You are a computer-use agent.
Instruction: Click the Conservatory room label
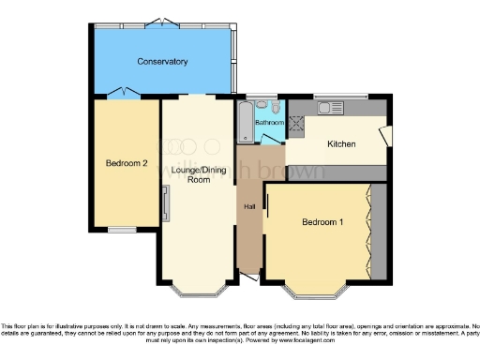[x=162, y=62]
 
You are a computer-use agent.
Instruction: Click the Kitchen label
[x=339, y=144]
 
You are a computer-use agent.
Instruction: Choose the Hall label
[x=249, y=206]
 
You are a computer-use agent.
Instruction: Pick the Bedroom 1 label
[x=322, y=222]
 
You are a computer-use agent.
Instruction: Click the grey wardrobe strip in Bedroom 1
[x=379, y=232]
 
